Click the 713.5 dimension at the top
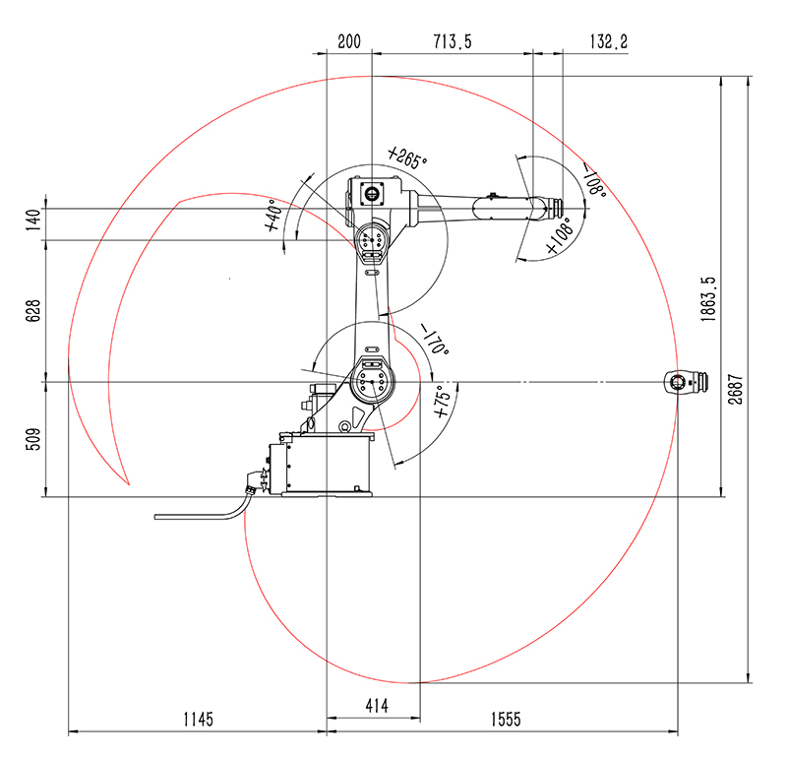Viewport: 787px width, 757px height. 453,41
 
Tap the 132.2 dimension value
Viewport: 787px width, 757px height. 608,41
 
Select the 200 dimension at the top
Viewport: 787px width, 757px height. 349,41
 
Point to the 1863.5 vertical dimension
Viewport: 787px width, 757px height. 708,299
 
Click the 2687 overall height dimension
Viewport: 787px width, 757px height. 735,389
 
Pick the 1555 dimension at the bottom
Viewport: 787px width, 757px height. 506,720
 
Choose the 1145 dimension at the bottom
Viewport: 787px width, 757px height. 199,720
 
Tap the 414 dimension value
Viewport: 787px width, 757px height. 377,706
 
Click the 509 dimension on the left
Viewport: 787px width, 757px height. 32,439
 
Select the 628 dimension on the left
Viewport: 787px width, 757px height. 32,311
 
